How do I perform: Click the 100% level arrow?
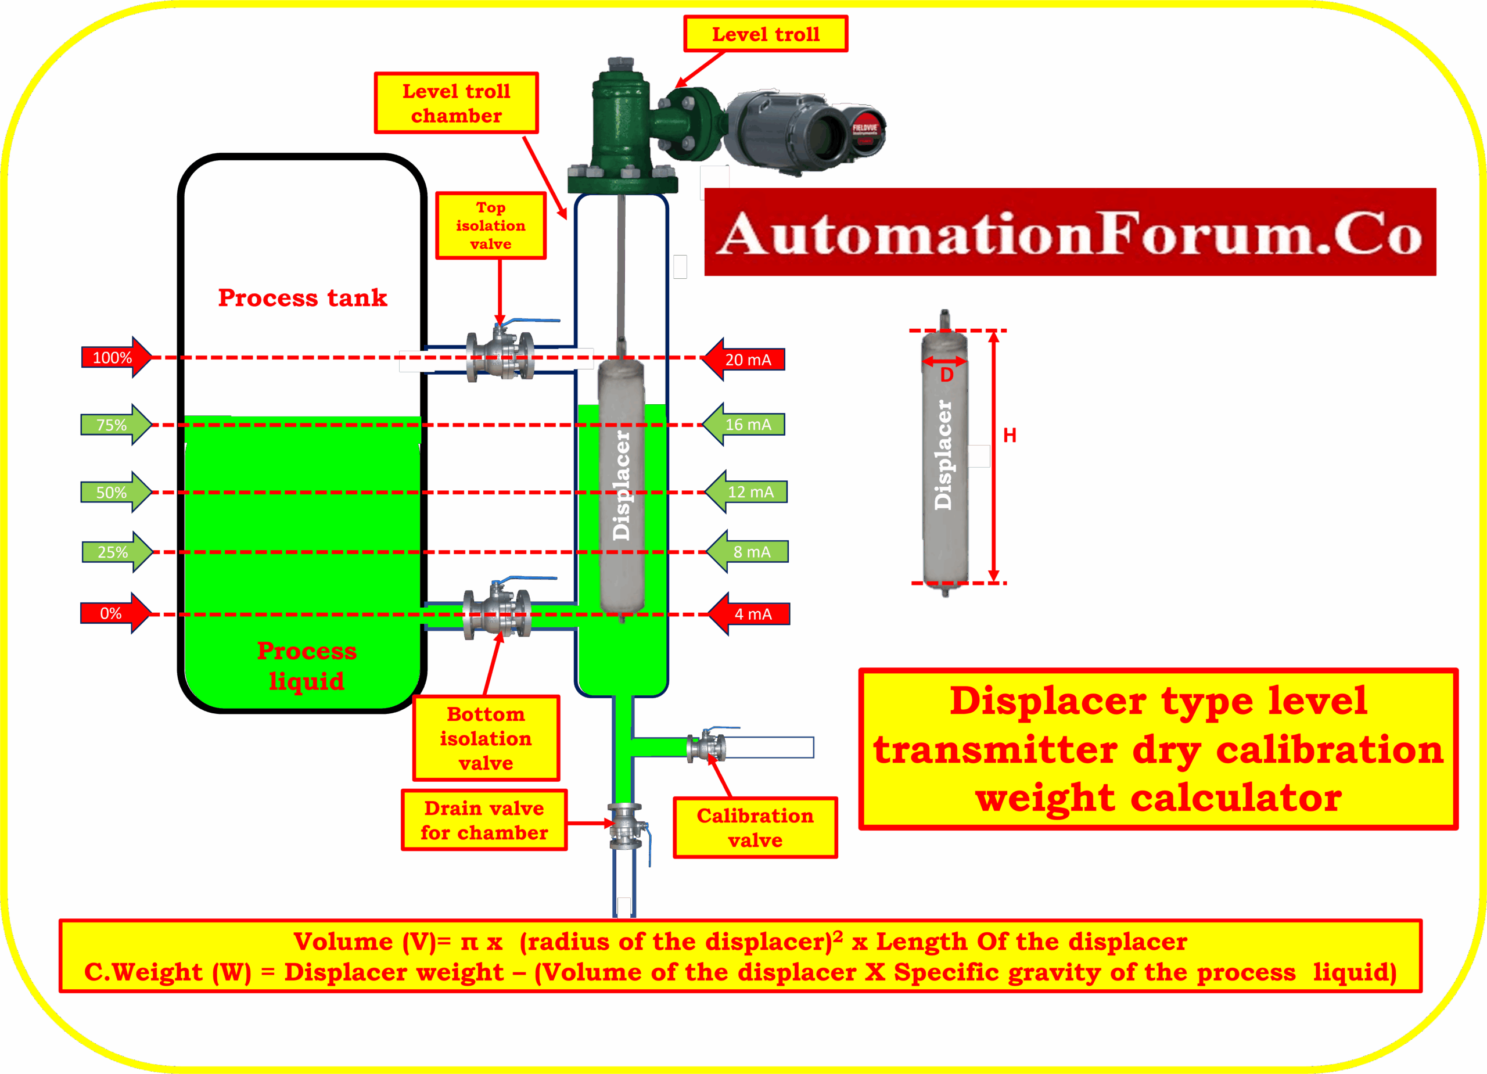116,357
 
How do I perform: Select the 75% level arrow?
116,425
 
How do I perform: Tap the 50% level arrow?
116,493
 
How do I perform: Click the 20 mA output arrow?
745,360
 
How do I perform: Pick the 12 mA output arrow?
748,492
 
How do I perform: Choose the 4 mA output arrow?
750,615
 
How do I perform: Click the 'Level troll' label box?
766,34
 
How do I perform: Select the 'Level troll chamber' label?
457,103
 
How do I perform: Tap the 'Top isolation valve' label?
490,225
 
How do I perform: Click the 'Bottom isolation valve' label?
486,738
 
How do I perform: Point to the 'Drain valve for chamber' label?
484,820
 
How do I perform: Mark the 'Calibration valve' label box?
755,828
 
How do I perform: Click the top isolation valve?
501,354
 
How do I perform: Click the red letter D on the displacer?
947,375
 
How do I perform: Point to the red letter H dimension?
1010,436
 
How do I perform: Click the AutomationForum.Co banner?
1071,232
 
